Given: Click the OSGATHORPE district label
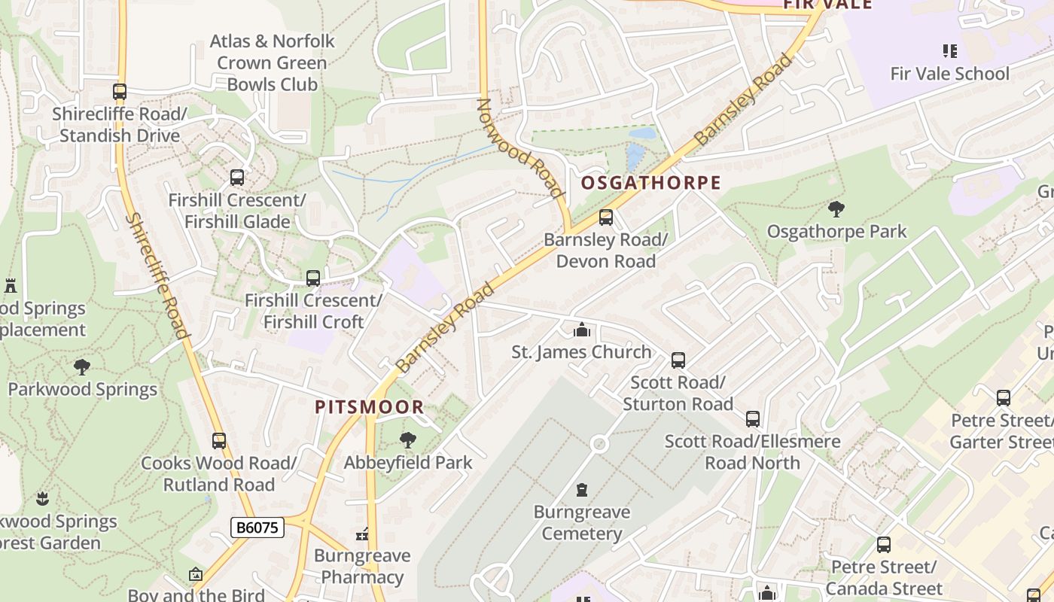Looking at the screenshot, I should [x=650, y=183].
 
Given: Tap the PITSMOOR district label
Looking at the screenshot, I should [x=369, y=407].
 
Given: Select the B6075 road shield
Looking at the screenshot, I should [x=257, y=528].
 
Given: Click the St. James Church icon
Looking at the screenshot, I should [x=581, y=330].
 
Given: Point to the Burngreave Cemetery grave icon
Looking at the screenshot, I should [x=581, y=491].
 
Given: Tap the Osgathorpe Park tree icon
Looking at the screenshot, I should [x=836, y=209].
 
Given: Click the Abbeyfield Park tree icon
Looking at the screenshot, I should [x=407, y=440].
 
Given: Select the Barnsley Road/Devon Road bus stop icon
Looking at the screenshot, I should [x=605, y=217].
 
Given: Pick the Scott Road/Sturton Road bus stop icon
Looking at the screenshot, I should [x=678, y=360].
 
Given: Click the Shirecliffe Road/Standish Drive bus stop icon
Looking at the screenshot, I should [x=119, y=92].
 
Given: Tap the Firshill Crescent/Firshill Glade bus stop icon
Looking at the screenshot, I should [x=236, y=178].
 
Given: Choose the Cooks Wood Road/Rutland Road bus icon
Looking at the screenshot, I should [x=218, y=440].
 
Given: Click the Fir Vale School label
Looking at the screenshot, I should [x=949, y=74].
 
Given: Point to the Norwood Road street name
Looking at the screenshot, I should [x=520, y=147].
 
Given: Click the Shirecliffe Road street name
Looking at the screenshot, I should [x=157, y=275].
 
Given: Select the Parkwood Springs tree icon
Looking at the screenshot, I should [x=82, y=367].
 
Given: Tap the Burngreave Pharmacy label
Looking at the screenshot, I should [x=362, y=567].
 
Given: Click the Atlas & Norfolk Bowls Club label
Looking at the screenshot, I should [x=272, y=62].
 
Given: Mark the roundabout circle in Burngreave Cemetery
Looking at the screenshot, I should [x=599, y=443].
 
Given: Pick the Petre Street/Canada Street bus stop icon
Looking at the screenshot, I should [x=883, y=544].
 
